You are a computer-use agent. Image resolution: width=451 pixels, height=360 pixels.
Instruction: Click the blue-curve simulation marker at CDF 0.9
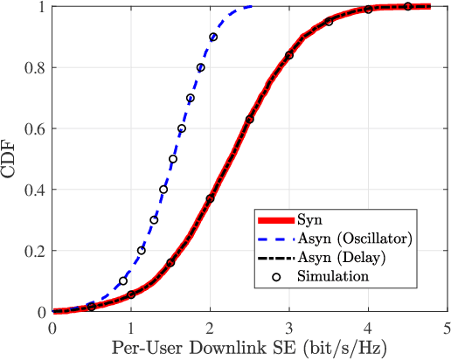point(213,38)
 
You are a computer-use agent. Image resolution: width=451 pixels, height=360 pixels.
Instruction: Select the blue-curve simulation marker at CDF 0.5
point(173,159)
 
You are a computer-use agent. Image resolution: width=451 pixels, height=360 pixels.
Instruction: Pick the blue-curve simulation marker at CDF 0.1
point(123,281)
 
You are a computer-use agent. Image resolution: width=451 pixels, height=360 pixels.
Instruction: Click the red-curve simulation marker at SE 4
point(368,10)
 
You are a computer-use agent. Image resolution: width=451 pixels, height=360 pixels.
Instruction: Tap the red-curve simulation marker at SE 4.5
point(407,7)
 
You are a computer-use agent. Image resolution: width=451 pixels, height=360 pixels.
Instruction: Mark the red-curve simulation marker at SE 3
point(289,55)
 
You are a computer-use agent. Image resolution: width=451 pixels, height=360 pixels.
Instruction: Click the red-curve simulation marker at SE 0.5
point(92,307)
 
